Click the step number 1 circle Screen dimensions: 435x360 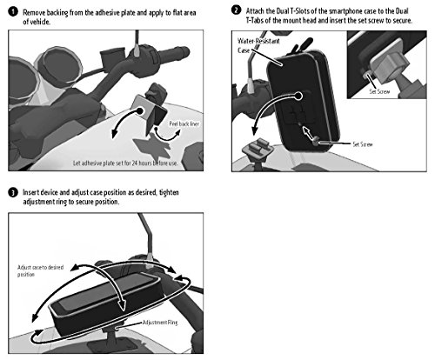[13, 12]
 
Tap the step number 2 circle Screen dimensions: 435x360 [236, 10]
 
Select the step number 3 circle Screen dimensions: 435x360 [13, 192]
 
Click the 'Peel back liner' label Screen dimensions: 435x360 [184, 123]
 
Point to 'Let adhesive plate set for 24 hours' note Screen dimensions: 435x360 [125, 163]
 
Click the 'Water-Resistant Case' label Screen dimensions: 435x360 [258, 45]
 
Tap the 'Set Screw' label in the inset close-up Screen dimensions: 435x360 [379, 91]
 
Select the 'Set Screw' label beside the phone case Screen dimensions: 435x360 [363, 144]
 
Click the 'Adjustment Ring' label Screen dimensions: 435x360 [160, 323]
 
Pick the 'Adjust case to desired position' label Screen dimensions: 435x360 [40, 270]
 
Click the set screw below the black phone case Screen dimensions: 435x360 [316, 141]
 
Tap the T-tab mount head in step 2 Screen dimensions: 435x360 [258, 148]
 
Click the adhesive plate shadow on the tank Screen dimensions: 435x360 [151, 148]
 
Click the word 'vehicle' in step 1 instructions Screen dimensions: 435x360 [40, 22]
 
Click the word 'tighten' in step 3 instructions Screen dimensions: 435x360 [169, 192]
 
